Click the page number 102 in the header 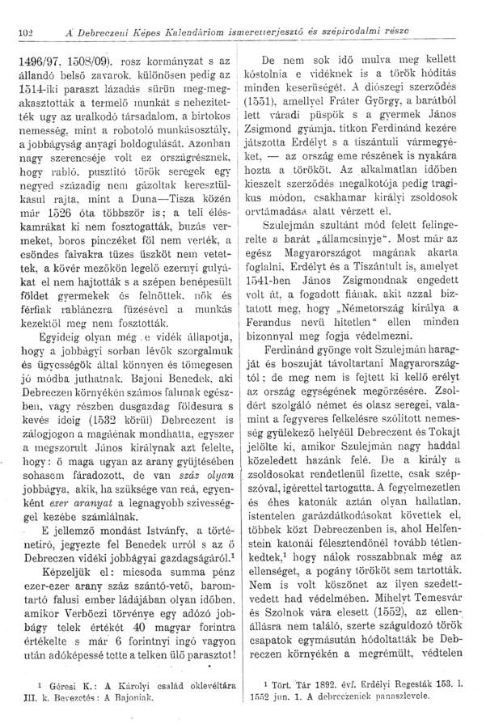click(x=24, y=32)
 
